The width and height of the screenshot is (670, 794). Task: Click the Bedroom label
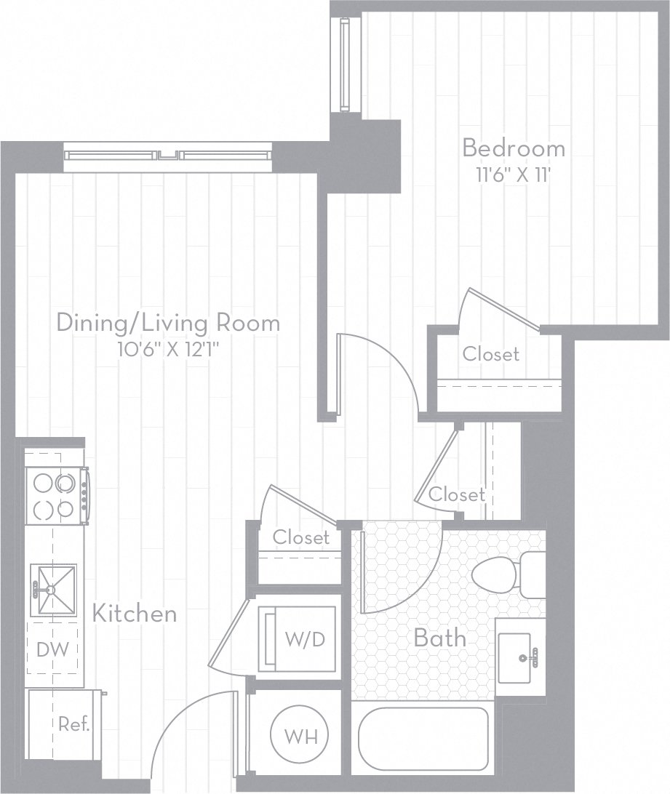(x=514, y=148)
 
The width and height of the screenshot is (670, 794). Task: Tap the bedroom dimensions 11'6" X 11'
(x=514, y=175)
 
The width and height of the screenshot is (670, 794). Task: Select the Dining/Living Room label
(x=168, y=322)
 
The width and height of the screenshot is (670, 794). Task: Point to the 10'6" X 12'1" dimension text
(x=168, y=349)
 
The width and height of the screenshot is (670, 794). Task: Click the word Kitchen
(x=135, y=613)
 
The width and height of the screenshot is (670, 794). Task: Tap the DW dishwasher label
(x=53, y=649)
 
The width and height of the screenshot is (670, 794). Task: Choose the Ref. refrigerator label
(x=73, y=725)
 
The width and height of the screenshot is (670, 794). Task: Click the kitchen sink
(x=53, y=589)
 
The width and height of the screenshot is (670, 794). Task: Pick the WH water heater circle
(x=300, y=736)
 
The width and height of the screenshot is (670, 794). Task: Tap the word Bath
(x=439, y=638)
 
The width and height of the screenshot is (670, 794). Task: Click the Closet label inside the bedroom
(x=492, y=354)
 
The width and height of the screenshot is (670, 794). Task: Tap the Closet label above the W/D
(x=301, y=537)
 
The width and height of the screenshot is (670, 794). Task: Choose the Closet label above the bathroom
(x=456, y=494)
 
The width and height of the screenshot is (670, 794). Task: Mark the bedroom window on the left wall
(x=345, y=63)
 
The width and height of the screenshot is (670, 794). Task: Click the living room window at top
(x=167, y=155)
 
